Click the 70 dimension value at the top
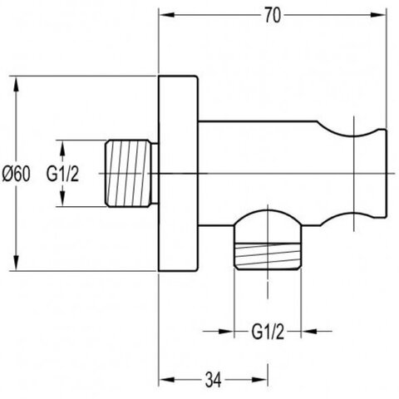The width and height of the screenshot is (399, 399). [x=273, y=16]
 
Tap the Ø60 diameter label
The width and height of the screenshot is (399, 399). [x=16, y=174]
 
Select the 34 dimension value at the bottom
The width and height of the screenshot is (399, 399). [x=214, y=380]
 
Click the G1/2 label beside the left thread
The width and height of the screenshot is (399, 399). [x=62, y=174]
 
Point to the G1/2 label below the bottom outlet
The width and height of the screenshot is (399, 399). [x=268, y=332]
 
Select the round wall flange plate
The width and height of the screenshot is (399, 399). [x=179, y=173]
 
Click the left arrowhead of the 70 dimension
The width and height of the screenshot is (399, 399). [x=167, y=15]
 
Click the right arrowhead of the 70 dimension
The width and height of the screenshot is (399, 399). [x=377, y=15]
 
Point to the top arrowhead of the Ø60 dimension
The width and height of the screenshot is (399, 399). [x=17, y=84]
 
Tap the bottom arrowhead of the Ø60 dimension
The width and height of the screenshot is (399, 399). [x=17, y=262]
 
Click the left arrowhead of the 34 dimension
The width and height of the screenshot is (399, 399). [x=167, y=380]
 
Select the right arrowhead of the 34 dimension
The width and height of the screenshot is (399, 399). [x=259, y=380]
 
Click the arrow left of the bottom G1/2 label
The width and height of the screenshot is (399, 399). [x=219, y=331]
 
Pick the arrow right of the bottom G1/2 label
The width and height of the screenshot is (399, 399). [x=317, y=331]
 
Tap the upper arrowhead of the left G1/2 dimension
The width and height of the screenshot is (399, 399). [x=62, y=149]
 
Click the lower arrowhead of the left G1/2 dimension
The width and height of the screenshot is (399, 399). [x=62, y=198]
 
